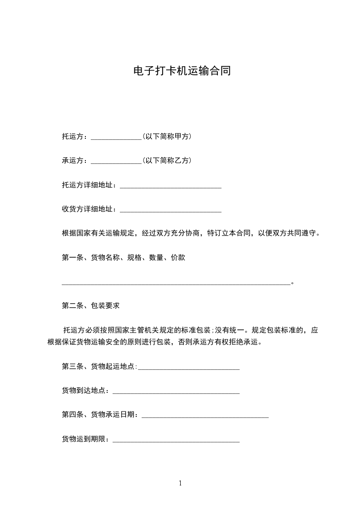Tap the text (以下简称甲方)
pos(167,136)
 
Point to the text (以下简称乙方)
pos(167,161)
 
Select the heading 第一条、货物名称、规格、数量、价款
pos(123,258)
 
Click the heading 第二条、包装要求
pos(91,306)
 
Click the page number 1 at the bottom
pos(180,483)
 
